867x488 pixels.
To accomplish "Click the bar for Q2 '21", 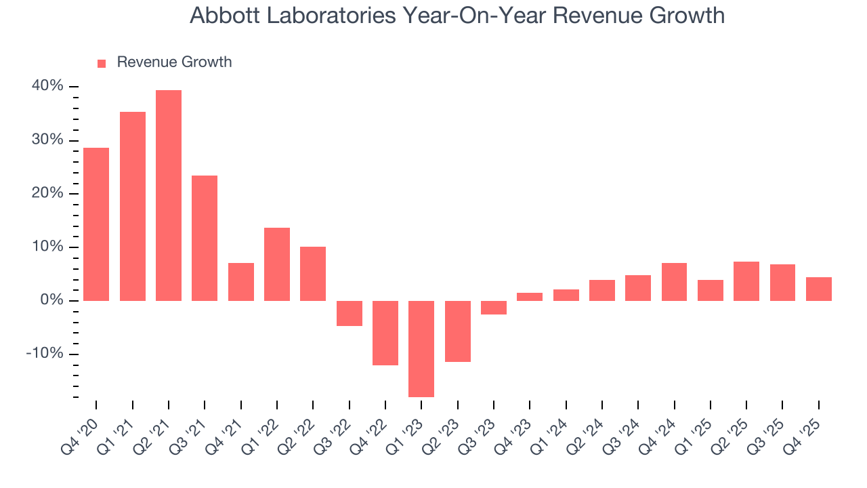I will [x=169, y=195].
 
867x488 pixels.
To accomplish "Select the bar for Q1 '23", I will [x=421, y=348].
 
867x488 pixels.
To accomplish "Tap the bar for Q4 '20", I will [x=96, y=224].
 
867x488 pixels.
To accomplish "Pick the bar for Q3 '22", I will [x=350, y=313].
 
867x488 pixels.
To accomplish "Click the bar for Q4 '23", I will [x=530, y=297].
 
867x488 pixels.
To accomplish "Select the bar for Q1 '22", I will [x=277, y=264].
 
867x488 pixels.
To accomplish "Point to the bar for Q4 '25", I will [x=818, y=289].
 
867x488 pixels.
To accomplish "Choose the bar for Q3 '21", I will [x=205, y=238].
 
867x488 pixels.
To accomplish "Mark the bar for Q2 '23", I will [x=458, y=331].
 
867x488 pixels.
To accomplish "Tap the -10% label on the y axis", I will [x=45, y=354].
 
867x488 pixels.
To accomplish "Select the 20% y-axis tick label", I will [x=47, y=193].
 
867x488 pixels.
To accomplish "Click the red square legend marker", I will [x=102, y=63].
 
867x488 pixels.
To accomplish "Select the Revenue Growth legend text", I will [x=174, y=62].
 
